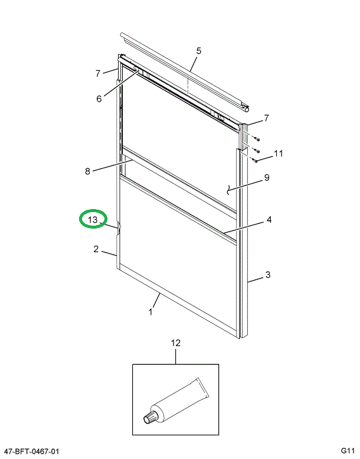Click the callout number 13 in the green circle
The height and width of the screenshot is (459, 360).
click(x=93, y=220)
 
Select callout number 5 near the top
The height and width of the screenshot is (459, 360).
click(x=198, y=51)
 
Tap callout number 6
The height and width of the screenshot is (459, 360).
click(x=99, y=99)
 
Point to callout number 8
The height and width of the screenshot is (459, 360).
click(x=87, y=172)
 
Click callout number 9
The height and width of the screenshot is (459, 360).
click(x=266, y=177)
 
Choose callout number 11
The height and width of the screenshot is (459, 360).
click(x=278, y=154)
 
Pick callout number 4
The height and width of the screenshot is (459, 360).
click(x=269, y=220)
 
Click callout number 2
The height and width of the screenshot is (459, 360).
click(x=96, y=249)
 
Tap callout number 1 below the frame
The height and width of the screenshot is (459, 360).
click(x=150, y=311)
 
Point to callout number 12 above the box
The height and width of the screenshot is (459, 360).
click(x=175, y=343)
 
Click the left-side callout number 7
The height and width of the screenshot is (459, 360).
click(x=99, y=73)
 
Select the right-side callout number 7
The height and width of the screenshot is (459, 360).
click(x=266, y=118)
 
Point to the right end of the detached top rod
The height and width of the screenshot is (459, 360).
click(x=246, y=108)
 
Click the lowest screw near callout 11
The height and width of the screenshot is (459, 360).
click(x=255, y=160)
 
